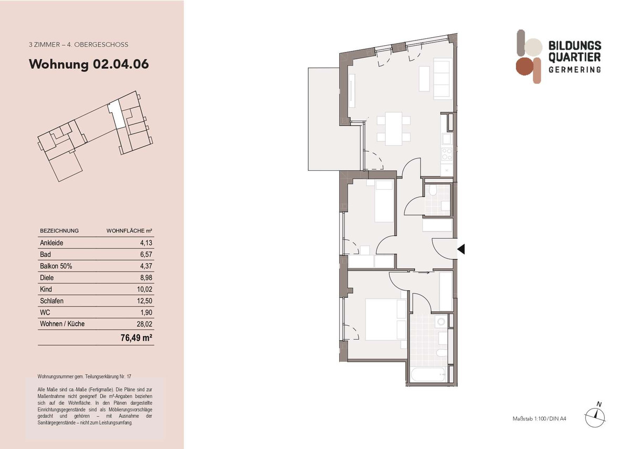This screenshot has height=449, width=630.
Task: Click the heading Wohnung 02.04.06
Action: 89,65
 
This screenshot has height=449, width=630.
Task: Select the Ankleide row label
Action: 51,243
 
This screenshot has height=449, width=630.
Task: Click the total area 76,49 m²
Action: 136,339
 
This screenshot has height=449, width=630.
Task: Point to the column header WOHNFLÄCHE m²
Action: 129,231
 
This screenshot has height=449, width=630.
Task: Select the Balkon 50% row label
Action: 56,266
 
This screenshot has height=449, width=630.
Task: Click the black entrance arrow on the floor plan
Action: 461,249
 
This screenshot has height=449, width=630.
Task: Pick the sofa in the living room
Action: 440,79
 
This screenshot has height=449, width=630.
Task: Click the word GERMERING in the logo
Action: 574,70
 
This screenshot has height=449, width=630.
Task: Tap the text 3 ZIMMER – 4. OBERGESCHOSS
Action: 78,45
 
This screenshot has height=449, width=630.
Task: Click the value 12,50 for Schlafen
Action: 143,301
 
